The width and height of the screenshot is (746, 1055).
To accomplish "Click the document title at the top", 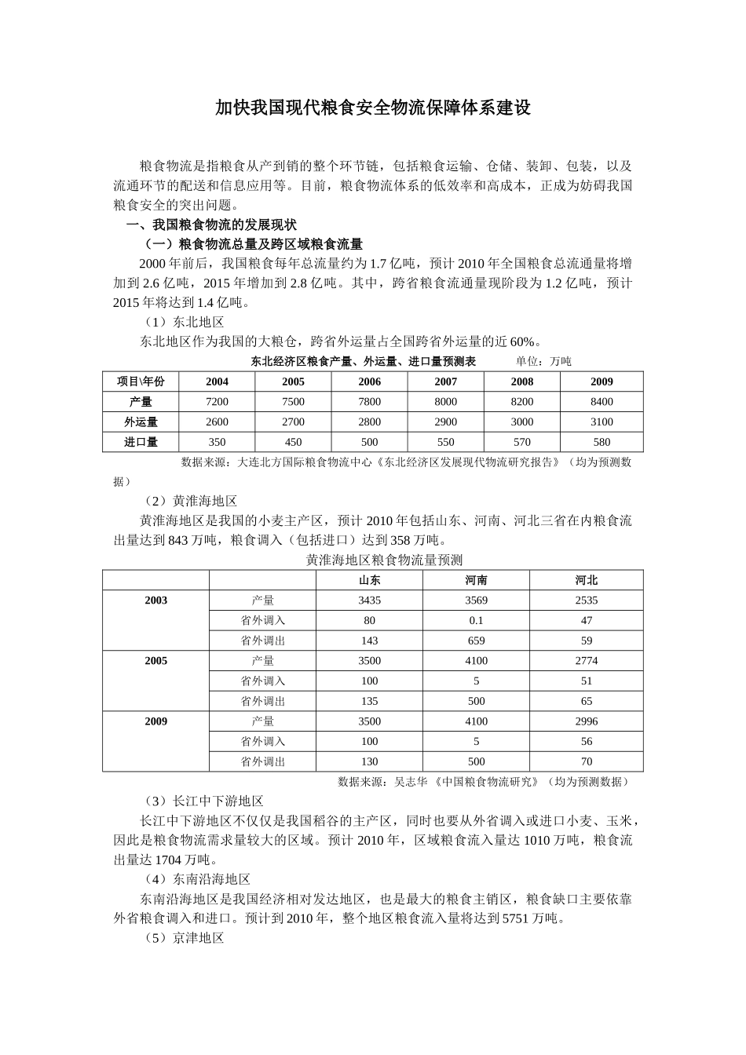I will (x=373, y=108).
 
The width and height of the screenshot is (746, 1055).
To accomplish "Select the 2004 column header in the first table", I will (x=217, y=381).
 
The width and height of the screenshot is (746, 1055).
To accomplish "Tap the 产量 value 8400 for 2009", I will (x=602, y=402).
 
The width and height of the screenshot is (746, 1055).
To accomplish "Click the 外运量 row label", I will (x=141, y=422).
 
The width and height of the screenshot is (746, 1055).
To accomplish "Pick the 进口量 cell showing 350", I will (x=217, y=442).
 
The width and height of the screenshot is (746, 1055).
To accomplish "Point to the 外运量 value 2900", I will (x=445, y=422).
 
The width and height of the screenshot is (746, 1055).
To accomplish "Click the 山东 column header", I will (x=369, y=580).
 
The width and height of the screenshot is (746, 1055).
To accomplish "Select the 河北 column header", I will (x=586, y=580).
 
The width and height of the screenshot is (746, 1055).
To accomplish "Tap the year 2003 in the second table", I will (x=155, y=601).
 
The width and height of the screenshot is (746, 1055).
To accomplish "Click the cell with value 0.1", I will (x=476, y=620).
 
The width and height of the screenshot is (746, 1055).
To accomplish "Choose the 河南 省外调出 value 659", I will (x=476, y=641).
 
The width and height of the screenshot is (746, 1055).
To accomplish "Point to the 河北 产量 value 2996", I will (x=586, y=721).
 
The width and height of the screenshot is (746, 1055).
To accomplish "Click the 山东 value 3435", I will (x=369, y=601).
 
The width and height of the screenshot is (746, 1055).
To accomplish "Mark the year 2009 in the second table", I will (x=155, y=721).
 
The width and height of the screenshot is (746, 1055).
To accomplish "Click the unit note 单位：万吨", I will (x=543, y=362).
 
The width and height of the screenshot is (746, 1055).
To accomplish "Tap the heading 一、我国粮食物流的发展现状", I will (x=211, y=225).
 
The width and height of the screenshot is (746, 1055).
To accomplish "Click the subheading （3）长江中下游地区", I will (x=203, y=801).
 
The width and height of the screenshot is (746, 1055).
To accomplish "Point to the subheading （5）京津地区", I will (x=184, y=938).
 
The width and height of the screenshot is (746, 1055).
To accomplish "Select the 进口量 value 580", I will (x=602, y=442).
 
